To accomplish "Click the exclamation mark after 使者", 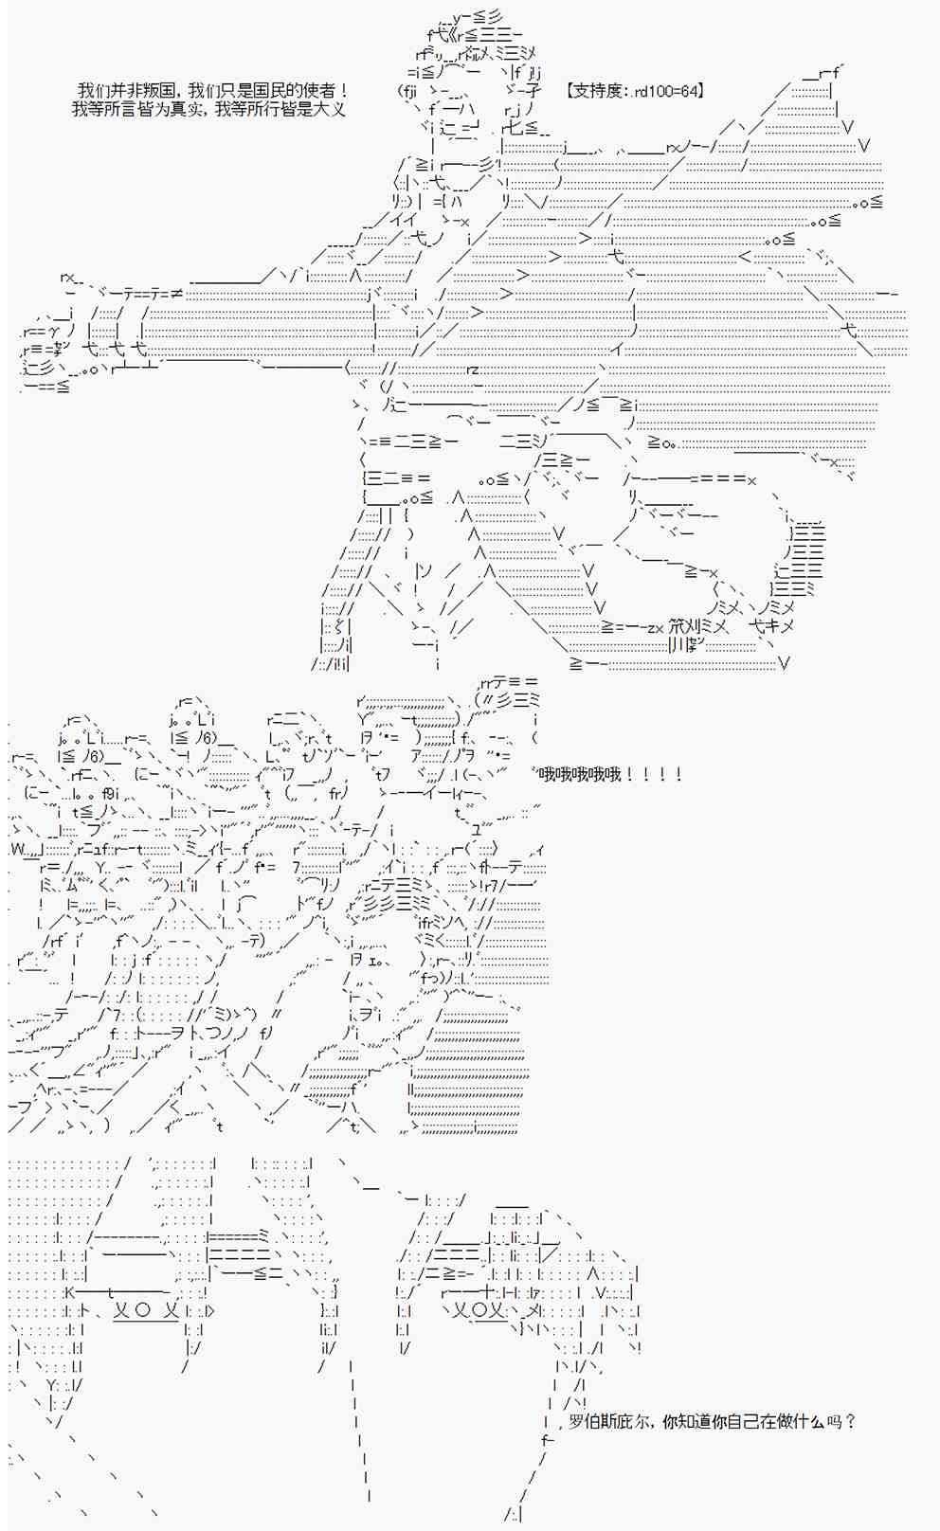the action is point(342,91).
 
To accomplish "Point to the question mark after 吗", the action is point(850,1422).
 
